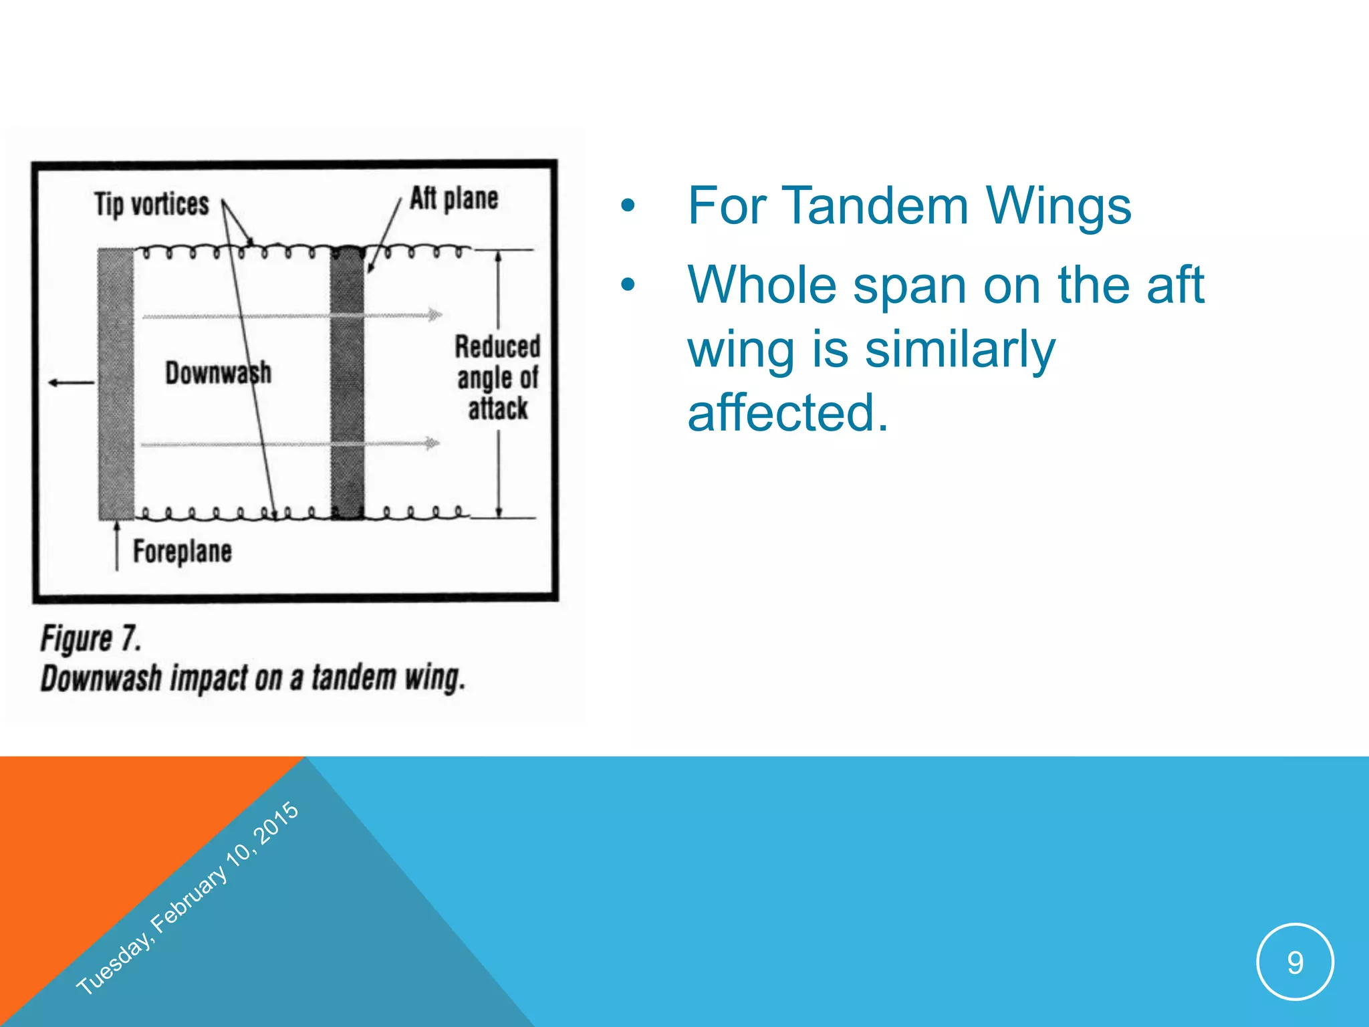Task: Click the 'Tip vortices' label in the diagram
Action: pyautogui.click(x=152, y=204)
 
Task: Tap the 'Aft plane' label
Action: pyautogui.click(x=454, y=199)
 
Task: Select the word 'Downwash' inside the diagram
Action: pyautogui.click(x=218, y=373)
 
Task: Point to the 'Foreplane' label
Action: pyautogui.click(x=182, y=552)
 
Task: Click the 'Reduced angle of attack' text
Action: pyautogui.click(x=498, y=378)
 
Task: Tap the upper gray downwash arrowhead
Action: pyautogui.click(x=434, y=315)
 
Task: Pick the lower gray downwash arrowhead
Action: pyautogui.click(x=433, y=443)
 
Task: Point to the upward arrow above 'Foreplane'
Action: pyautogui.click(x=117, y=545)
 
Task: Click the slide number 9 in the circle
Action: pyautogui.click(x=1295, y=962)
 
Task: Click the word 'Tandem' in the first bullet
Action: pyautogui.click(x=875, y=206)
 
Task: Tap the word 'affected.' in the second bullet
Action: pyautogui.click(x=788, y=413)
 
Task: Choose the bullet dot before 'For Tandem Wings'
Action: pyautogui.click(x=628, y=207)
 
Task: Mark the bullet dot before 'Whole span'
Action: pyautogui.click(x=628, y=286)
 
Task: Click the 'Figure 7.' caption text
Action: pyautogui.click(x=91, y=639)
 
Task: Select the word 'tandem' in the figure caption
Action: pyautogui.click(x=354, y=677)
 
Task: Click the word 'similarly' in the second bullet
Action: pyautogui.click(x=960, y=350)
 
